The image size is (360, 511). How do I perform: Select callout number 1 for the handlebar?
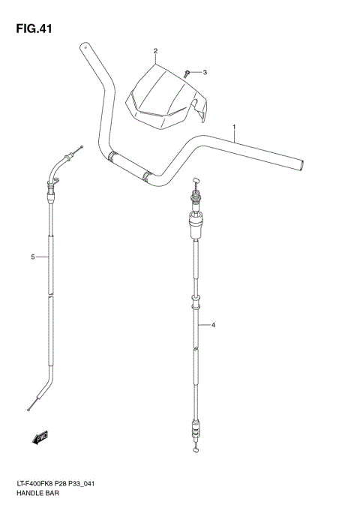(235, 126)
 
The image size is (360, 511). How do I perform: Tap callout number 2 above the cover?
(155, 51)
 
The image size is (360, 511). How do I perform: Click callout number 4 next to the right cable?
(214, 325)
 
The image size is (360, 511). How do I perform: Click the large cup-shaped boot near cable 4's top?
(196, 220)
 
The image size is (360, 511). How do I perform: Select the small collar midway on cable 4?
(196, 303)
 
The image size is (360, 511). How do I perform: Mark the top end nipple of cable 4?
(196, 179)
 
